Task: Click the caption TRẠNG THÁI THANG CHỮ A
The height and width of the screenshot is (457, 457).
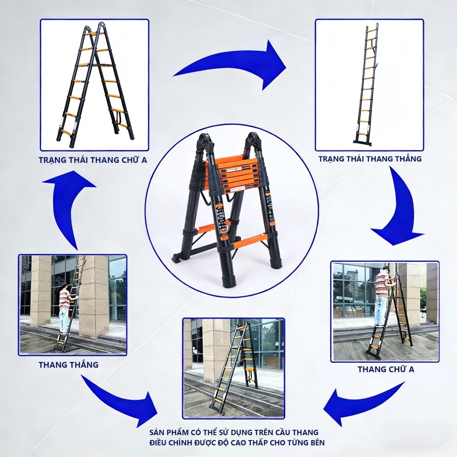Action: (x=93, y=160)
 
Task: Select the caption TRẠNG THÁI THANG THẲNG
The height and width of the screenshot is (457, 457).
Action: (x=370, y=159)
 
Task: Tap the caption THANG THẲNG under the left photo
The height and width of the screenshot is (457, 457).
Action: (x=68, y=365)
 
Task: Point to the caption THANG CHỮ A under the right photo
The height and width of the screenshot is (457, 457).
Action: (x=386, y=369)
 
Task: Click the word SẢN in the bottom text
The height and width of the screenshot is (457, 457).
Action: (x=158, y=432)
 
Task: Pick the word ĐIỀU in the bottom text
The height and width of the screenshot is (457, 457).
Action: (x=159, y=443)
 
